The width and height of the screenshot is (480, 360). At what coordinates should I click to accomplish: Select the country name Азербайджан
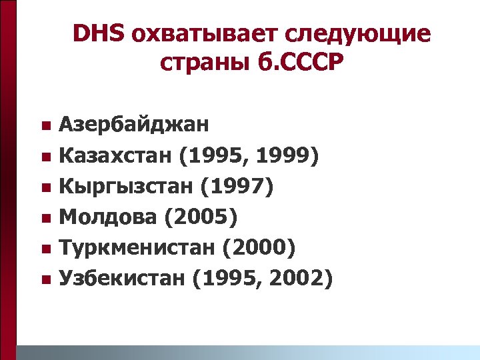click(x=134, y=125)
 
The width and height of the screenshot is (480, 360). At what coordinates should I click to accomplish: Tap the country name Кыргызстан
click(x=126, y=187)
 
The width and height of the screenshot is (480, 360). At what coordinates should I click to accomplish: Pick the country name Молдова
click(x=105, y=217)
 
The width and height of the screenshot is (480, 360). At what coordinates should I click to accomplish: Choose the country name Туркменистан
click(x=139, y=248)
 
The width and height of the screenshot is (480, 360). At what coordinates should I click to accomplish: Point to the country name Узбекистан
click(x=122, y=279)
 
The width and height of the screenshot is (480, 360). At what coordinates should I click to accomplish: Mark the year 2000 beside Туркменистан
click(x=257, y=248)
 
